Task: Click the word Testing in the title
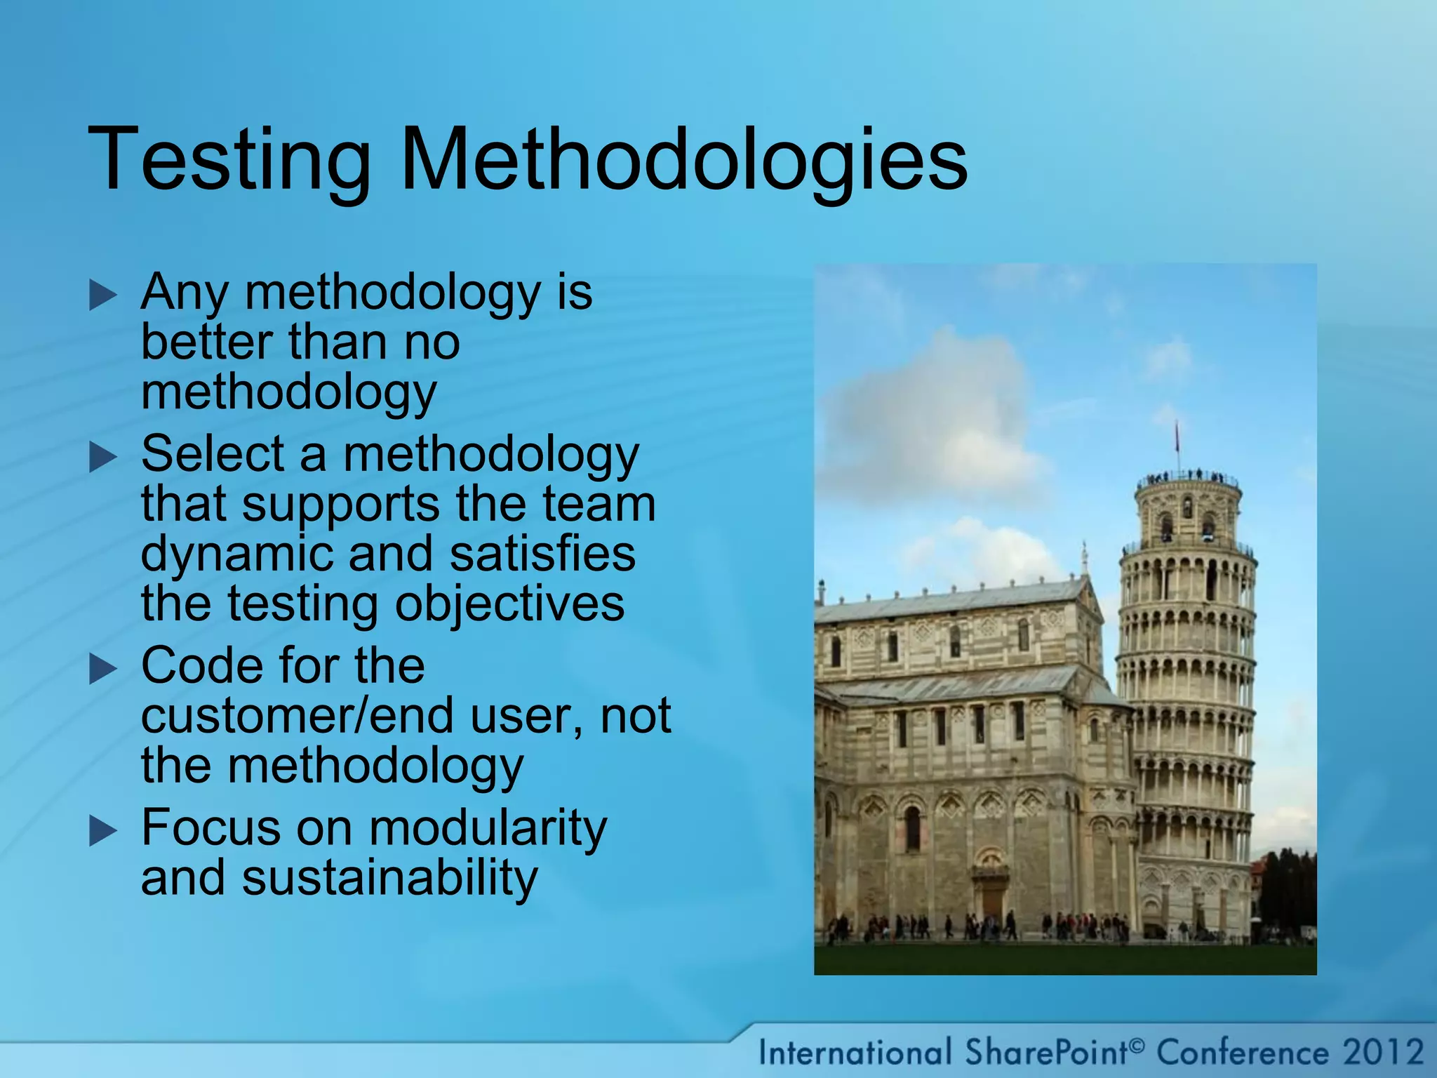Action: click(x=229, y=160)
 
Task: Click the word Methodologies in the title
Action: click(x=683, y=160)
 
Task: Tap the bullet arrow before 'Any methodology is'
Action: click(x=103, y=295)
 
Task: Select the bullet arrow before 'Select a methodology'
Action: click(x=103, y=458)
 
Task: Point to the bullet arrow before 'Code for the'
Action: click(x=103, y=670)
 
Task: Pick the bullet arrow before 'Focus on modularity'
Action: click(x=103, y=832)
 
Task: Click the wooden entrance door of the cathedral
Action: click(x=991, y=904)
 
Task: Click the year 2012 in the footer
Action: click(x=1382, y=1053)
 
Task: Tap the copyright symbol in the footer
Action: click(x=1137, y=1046)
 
